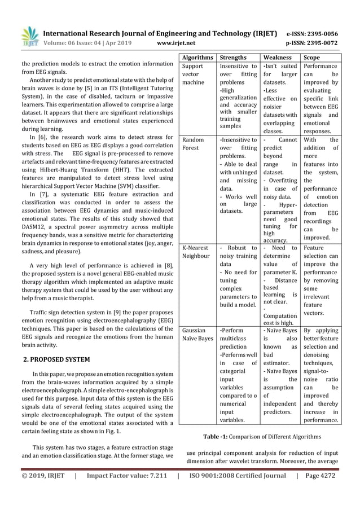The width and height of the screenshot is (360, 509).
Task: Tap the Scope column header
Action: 311,58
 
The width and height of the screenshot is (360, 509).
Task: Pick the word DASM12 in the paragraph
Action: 37,227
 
